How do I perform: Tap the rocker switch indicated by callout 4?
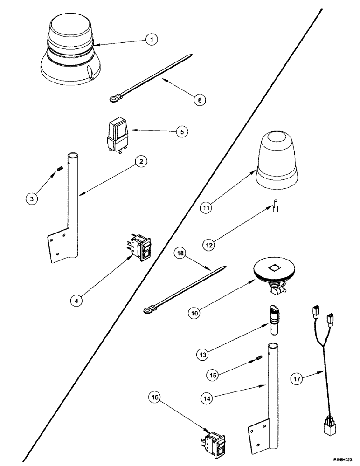click(140, 247)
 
